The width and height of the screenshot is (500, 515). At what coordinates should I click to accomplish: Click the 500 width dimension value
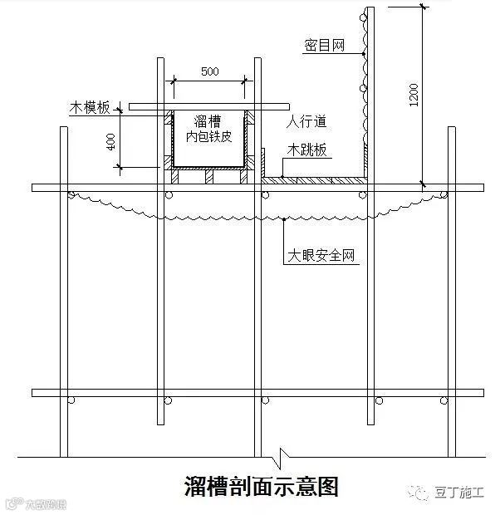[x=209, y=71]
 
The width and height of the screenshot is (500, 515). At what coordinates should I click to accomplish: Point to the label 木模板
[x=90, y=108]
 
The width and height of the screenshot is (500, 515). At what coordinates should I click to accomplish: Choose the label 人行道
[x=306, y=121]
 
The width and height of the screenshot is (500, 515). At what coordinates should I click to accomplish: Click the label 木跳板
[x=306, y=150]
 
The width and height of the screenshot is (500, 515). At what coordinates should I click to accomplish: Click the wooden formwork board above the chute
[x=208, y=106]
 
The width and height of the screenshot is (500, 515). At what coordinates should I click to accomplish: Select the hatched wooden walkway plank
[x=316, y=178]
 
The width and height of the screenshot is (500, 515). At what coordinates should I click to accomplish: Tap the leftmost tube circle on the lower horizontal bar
[x=72, y=400]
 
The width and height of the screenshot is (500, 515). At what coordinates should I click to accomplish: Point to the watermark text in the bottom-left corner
[x=37, y=504]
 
